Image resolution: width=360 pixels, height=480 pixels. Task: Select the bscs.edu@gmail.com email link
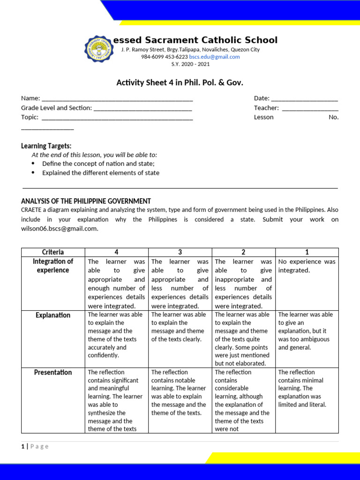click(x=214, y=57)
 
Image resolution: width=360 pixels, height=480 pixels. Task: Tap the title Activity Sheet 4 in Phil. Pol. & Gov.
click(x=180, y=83)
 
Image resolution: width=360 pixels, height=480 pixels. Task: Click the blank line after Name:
click(x=117, y=100)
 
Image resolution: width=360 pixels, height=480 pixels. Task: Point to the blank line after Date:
click(x=304, y=100)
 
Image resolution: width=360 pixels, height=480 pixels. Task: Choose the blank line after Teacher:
click(x=310, y=109)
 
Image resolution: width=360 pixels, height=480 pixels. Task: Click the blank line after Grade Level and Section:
click(x=142, y=109)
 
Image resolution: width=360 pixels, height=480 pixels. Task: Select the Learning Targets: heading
click(x=46, y=146)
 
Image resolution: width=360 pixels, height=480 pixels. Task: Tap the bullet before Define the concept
click(x=33, y=164)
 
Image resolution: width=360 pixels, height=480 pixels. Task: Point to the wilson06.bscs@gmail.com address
click(x=60, y=229)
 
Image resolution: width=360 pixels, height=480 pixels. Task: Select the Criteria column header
click(x=53, y=252)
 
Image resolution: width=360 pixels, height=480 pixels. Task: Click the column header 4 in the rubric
click(x=116, y=252)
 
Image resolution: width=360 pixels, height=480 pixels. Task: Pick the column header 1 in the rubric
click(x=307, y=252)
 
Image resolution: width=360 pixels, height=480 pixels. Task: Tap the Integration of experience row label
click(x=53, y=266)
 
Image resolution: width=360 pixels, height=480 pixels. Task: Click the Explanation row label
click(x=53, y=315)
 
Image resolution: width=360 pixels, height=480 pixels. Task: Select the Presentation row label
click(x=53, y=372)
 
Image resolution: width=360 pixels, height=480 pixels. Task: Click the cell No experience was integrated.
click(x=307, y=266)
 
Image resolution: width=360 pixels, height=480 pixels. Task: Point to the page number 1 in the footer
click(x=22, y=446)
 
